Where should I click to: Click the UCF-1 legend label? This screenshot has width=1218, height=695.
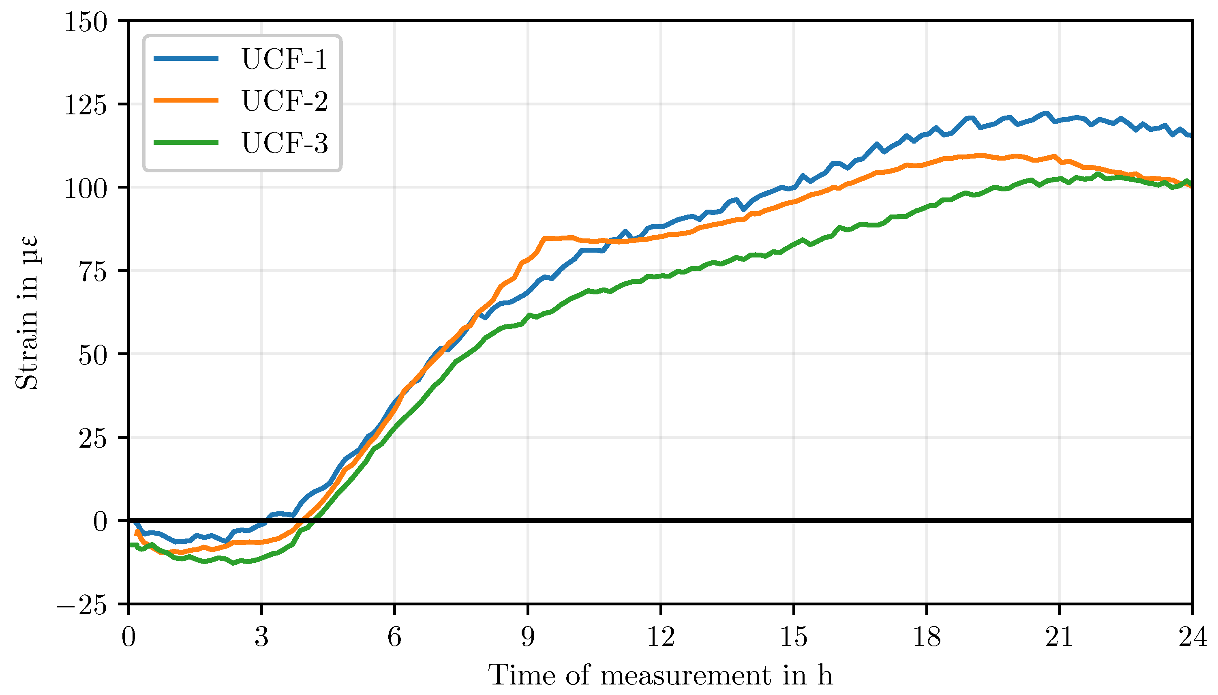pyautogui.click(x=285, y=59)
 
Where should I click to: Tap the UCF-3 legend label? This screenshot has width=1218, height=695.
pyautogui.click(x=285, y=143)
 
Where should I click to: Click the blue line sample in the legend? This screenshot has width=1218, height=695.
pyautogui.click(x=186, y=58)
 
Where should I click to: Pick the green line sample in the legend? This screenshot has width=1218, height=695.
pyautogui.click(x=186, y=142)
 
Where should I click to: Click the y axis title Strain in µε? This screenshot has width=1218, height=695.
pyautogui.click(x=27, y=313)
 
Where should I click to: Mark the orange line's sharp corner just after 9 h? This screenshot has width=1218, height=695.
pyautogui.click(x=544, y=238)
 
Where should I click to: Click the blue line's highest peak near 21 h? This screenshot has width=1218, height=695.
pyautogui.click(x=1046, y=114)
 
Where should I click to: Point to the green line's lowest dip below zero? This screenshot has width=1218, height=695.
pyautogui.click(x=233, y=563)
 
